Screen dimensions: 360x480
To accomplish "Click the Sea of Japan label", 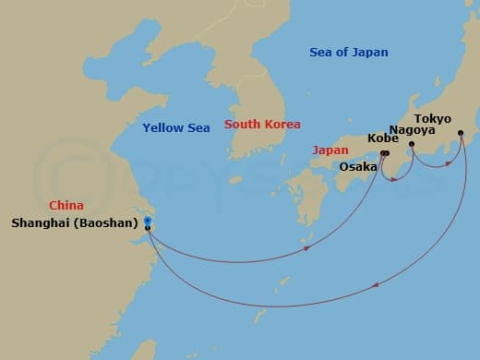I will tap(349, 53).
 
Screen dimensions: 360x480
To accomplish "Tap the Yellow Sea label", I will tap(175, 127).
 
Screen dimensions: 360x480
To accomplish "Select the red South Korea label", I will tap(262, 125).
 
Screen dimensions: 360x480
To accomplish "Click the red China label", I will tap(66, 206).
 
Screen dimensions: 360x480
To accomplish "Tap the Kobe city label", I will tap(383, 138).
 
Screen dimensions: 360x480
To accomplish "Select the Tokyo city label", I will tap(433, 118).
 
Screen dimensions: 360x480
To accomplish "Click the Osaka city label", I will tap(358, 166).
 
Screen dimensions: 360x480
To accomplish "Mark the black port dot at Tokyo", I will tap(461, 133).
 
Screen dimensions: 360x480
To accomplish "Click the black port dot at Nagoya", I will tap(412, 144).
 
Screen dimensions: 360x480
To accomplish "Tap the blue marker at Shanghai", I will tap(148, 220).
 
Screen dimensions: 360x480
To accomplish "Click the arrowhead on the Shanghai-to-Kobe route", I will tap(306, 247).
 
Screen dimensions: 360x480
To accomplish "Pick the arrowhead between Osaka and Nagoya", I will tap(394, 177).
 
